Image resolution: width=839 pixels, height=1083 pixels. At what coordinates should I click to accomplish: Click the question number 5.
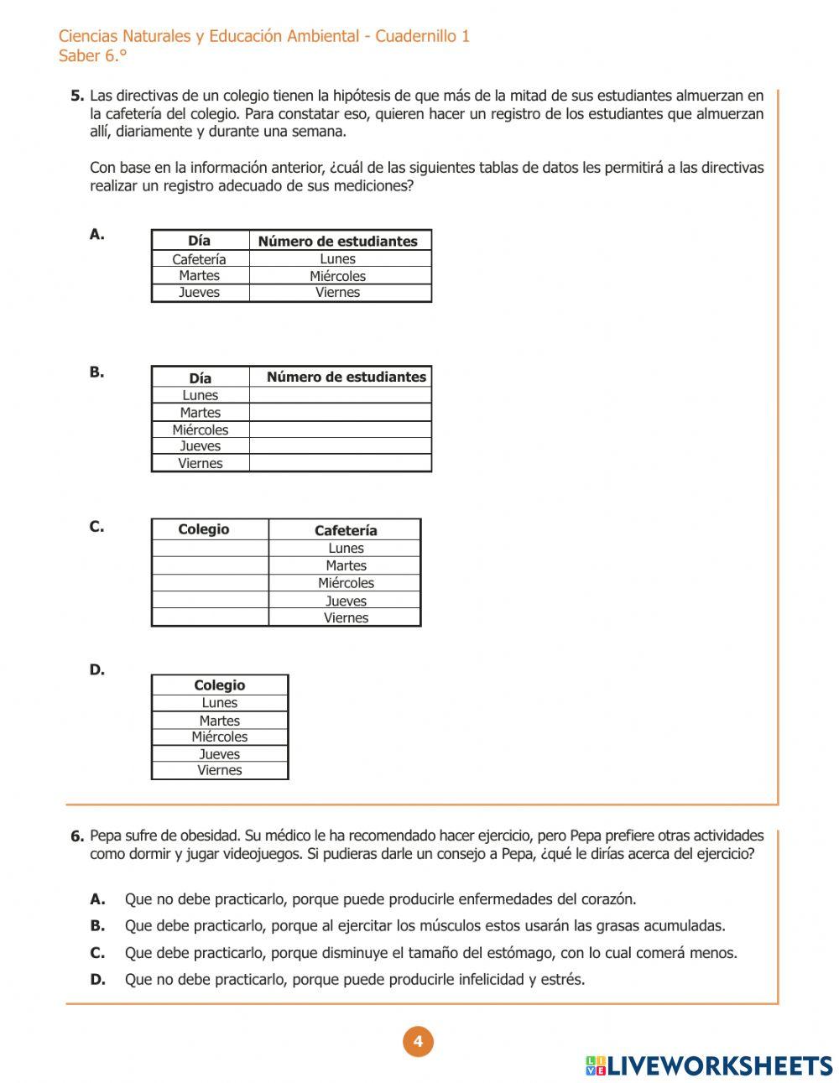tap(77, 96)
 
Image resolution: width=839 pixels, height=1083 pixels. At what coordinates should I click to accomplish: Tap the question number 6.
tap(77, 836)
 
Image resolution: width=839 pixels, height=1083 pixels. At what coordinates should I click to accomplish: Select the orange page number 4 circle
tap(418, 1043)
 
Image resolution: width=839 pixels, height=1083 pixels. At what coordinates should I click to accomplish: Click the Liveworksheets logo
tap(709, 1065)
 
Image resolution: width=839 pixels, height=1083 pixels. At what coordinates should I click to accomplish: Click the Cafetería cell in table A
tap(199, 259)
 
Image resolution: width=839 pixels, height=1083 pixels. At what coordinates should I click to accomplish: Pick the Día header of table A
tap(200, 241)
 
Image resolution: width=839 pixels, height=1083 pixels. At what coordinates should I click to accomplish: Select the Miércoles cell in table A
tap(337, 276)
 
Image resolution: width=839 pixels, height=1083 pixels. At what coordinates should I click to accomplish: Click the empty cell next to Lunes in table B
tap(340, 395)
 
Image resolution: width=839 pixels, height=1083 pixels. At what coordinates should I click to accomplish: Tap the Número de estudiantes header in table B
tap(346, 377)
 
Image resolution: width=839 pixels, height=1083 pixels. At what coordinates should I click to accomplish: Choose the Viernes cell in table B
tap(200, 463)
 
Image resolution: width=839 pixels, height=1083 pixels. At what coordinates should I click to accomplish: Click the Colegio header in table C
tap(203, 529)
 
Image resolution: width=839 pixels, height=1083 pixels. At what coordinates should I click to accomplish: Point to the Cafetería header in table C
tap(346, 530)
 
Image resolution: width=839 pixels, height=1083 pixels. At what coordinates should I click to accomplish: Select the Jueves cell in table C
tap(346, 601)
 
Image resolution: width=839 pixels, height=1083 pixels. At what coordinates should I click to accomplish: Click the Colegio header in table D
tap(219, 685)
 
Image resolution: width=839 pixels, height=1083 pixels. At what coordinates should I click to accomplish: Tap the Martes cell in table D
tap(219, 721)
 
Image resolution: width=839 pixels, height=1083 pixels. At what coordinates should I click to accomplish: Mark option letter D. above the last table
tap(97, 670)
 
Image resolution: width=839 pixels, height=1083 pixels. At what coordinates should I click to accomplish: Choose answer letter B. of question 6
tap(97, 926)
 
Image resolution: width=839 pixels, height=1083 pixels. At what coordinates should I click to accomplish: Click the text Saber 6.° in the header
tap(92, 56)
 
